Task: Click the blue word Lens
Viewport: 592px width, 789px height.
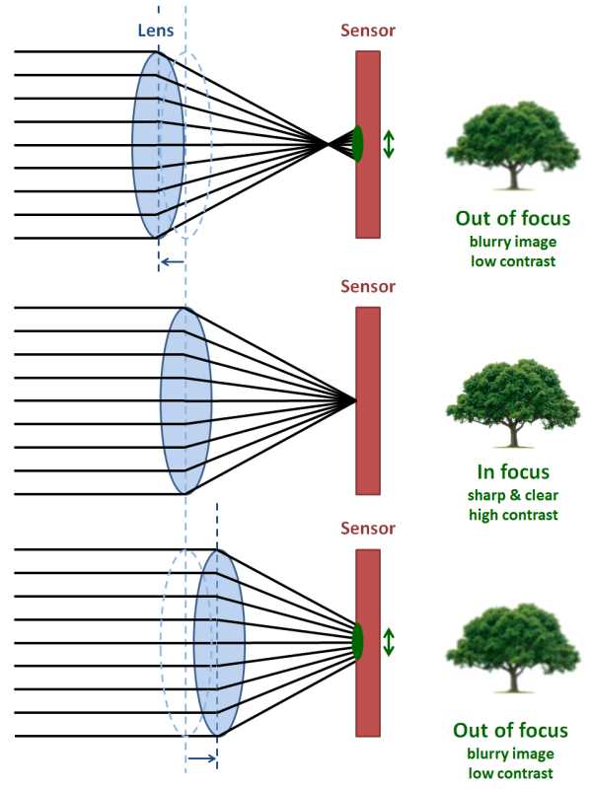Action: [x=156, y=31]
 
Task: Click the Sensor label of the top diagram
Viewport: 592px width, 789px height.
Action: [x=368, y=31]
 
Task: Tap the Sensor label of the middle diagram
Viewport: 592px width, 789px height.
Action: [x=368, y=286]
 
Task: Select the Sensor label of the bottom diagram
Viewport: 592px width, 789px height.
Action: [x=368, y=529]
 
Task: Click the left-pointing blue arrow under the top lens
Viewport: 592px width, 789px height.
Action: [x=172, y=261]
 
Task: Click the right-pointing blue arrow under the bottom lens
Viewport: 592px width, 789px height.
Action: [x=202, y=758]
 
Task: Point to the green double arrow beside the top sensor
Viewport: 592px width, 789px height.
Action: [x=388, y=144]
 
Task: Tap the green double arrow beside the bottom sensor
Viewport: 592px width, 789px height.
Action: [x=388, y=643]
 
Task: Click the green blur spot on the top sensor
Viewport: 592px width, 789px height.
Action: [x=358, y=144]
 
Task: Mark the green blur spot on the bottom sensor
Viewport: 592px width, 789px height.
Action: [x=358, y=641]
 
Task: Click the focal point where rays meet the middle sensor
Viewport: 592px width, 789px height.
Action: [x=355, y=400]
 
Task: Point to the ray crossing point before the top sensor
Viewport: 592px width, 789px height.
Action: [x=328, y=144]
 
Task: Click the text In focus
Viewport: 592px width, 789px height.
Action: [x=513, y=472]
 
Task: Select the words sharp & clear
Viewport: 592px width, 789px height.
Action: [x=513, y=495]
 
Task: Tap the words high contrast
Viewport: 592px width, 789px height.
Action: [x=513, y=515]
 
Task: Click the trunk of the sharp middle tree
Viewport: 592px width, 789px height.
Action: [x=513, y=434]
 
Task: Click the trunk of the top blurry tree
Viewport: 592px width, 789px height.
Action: [x=513, y=177]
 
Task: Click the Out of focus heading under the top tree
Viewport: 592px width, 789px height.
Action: [x=513, y=218]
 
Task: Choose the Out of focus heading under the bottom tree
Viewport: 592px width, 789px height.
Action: [x=510, y=730]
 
